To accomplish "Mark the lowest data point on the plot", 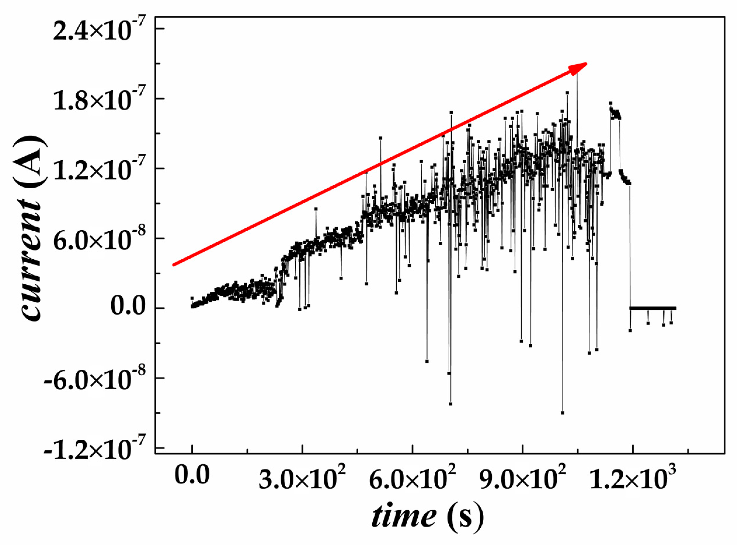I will tap(562, 413).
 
